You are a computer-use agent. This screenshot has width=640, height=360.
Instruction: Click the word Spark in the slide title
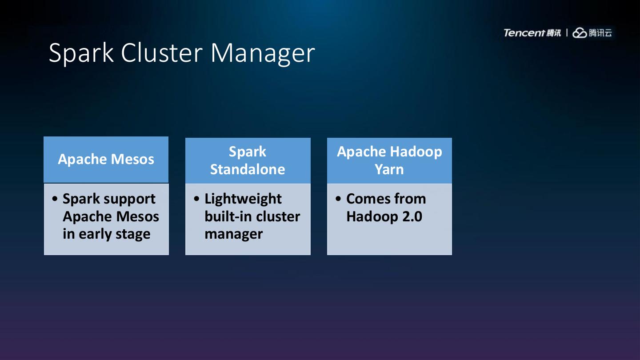(81, 52)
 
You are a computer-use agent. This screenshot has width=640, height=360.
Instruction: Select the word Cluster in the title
(162, 52)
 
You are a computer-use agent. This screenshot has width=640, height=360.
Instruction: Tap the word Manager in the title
(263, 53)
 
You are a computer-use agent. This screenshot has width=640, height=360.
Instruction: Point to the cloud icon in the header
(580, 33)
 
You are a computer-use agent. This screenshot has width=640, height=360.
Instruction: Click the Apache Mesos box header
(106, 160)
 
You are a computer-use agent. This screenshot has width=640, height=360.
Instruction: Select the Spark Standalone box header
(248, 160)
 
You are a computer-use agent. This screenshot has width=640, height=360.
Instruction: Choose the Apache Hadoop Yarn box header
(389, 160)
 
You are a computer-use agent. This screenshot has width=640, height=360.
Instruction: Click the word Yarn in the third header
(389, 169)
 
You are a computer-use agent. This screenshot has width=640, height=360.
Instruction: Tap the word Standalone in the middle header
(248, 169)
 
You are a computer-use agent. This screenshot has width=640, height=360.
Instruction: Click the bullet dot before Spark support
(55, 199)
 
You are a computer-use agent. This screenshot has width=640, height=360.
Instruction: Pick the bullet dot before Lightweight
(197, 199)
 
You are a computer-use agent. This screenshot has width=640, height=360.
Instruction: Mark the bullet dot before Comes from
(339, 199)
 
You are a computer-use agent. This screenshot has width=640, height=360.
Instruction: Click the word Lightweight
(243, 199)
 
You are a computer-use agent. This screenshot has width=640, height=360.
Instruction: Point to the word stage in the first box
(133, 234)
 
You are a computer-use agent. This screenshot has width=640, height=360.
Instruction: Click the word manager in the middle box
(234, 234)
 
